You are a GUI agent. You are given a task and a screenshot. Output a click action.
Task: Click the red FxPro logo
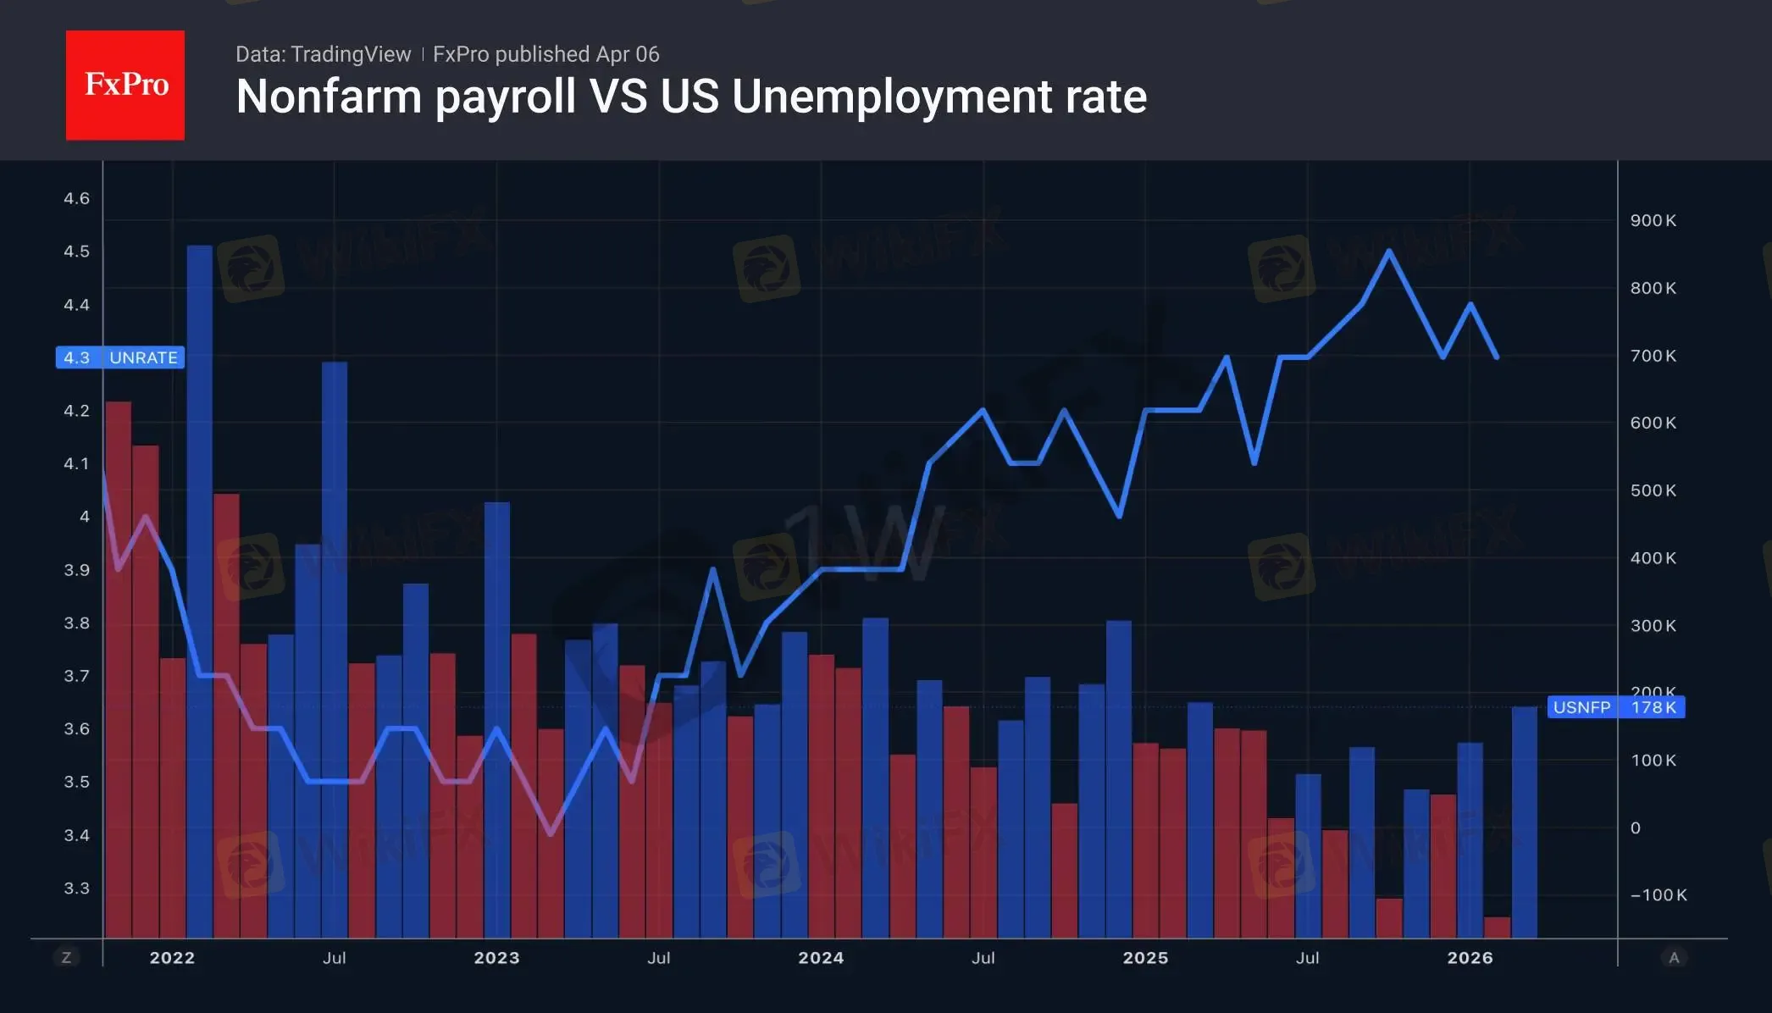(x=125, y=86)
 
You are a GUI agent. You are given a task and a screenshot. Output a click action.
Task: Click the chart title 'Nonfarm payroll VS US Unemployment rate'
(x=691, y=97)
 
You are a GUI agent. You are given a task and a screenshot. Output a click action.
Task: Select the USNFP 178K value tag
(x=1615, y=707)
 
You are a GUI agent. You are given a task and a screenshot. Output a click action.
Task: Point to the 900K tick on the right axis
(x=1653, y=220)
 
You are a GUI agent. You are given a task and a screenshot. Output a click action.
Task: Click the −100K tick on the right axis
(x=1658, y=895)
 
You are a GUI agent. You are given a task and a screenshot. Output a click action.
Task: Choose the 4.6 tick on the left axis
(x=76, y=198)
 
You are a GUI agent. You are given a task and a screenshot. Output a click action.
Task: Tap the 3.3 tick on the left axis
(x=76, y=888)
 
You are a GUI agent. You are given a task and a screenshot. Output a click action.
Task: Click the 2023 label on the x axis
(x=496, y=958)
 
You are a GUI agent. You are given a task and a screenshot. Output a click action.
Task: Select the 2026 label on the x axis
(x=1470, y=958)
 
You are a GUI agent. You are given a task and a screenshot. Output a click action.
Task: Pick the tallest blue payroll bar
(x=200, y=593)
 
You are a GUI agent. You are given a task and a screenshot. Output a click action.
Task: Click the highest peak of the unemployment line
(x=1389, y=251)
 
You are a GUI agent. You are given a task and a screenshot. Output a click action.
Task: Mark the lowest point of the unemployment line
(x=551, y=834)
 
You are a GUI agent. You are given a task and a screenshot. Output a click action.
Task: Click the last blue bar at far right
(x=1524, y=822)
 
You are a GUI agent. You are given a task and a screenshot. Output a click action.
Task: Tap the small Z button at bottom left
(x=66, y=958)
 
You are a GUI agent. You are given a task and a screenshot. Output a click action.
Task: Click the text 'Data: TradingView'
(x=323, y=54)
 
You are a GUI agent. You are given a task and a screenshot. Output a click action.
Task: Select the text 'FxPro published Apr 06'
(x=545, y=54)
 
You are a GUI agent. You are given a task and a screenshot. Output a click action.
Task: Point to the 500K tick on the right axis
(x=1653, y=490)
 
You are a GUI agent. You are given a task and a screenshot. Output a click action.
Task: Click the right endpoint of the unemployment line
(x=1497, y=357)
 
